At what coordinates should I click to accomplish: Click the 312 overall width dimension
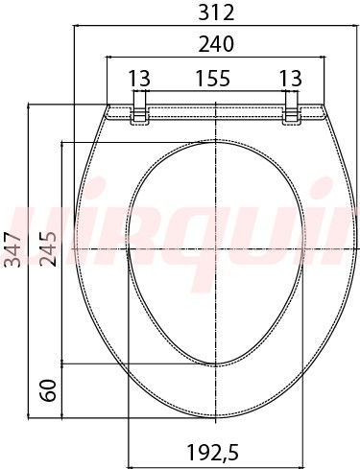point(216,13)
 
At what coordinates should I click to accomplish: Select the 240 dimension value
point(216,44)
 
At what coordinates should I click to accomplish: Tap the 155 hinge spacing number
point(213,79)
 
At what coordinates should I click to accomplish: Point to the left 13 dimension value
point(139,79)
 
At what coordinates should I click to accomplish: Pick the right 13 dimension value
point(291,79)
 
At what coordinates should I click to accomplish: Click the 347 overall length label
point(12,249)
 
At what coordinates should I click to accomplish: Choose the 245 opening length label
point(48,249)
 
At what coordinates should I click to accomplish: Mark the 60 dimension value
point(48,390)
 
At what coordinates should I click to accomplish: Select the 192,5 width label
point(213,453)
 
